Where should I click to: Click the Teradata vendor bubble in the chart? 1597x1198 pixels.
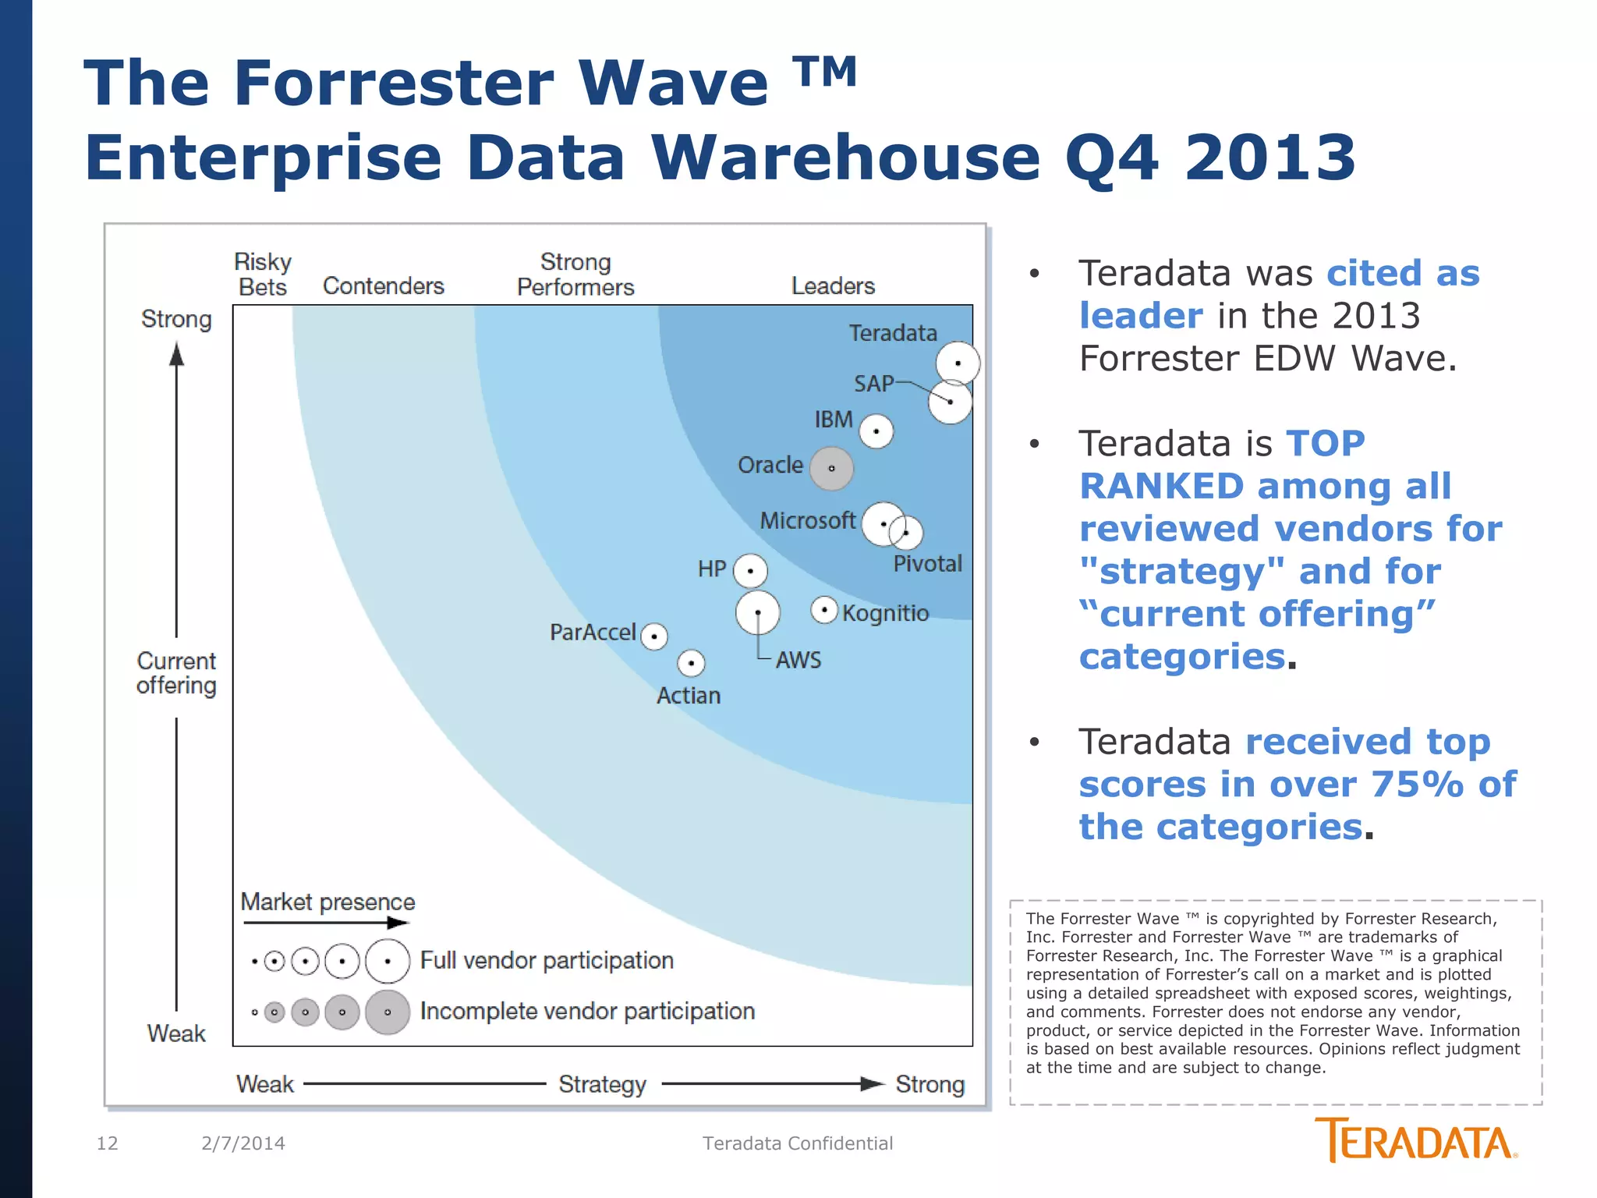[x=958, y=363]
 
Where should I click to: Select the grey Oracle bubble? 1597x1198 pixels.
[x=831, y=468]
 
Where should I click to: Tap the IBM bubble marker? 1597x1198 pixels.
[x=876, y=431]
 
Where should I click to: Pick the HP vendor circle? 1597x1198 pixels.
[x=750, y=570]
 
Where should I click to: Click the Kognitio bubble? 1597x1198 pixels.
[x=824, y=609]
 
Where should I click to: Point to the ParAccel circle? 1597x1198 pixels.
[x=654, y=636]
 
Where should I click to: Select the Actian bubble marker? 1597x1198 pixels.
[x=691, y=663]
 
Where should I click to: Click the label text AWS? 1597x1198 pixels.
[x=798, y=660]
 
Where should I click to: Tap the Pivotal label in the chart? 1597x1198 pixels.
[x=927, y=563]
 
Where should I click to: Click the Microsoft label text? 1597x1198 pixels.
[x=807, y=520]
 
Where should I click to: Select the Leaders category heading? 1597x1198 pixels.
[x=833, y=285]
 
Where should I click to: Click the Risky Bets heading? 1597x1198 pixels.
[x=263, y=274]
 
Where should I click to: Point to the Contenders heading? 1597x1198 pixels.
[x=383, y=285]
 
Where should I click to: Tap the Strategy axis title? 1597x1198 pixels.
[x=602, y=1083]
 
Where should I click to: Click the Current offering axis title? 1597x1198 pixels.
[x=176, y=672]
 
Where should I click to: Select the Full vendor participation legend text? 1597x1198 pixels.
[x=547, y=960]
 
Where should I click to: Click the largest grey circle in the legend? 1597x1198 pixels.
[x=388, y=1012]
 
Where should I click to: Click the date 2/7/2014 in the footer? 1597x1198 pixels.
[x=243, y=1143]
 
